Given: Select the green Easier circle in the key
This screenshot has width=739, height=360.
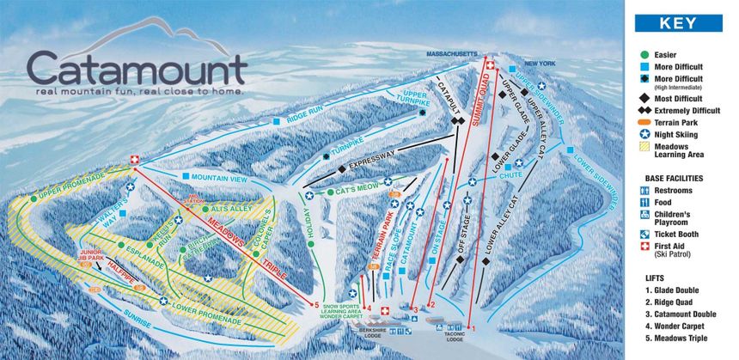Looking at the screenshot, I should (x=644, y=53).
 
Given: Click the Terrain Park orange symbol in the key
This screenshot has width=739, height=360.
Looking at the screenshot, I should (x=644, y=123).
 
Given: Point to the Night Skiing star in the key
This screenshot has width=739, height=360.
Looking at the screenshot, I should (x=644, y=135).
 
